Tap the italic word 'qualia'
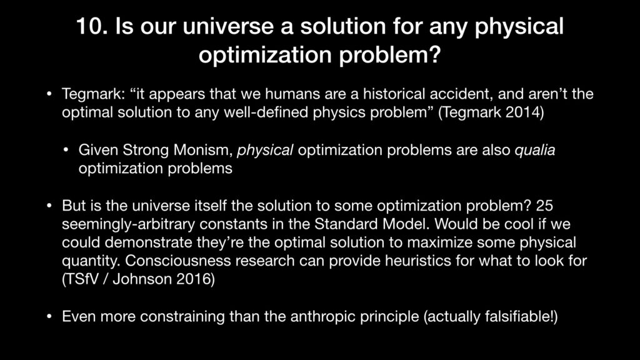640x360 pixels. tap(535, 151)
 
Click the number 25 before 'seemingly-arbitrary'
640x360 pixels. tap(544, 205)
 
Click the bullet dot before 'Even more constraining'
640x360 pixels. tap(49, 317)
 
